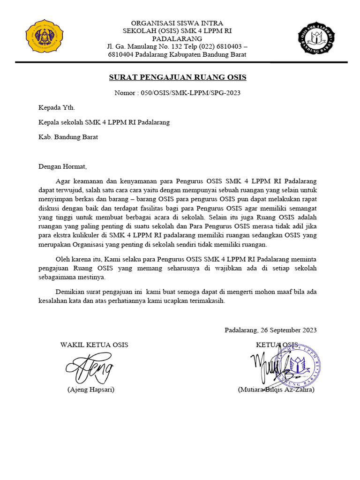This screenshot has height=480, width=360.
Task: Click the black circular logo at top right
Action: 317,38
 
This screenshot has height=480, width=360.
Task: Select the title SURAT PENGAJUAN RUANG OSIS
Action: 178,77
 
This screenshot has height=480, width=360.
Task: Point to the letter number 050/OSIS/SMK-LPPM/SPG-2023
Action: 190,93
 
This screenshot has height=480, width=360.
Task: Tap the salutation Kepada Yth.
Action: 56,107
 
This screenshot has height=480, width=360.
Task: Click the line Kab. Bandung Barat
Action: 68,137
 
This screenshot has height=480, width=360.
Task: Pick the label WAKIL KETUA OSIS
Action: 94,345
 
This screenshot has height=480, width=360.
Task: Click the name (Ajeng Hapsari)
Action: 91,390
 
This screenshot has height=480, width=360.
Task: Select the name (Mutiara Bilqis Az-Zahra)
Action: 276,390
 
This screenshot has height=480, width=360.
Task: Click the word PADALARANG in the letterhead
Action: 177,38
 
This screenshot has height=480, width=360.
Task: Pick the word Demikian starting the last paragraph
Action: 69,292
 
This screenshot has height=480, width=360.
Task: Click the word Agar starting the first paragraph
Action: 62,180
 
